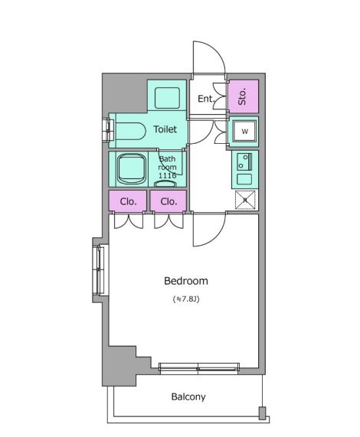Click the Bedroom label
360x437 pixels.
[x=186, y=281]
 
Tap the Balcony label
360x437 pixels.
[x=188, y=396]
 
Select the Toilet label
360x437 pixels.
[x=165, y=129]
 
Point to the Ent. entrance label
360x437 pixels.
[x=206, y=99]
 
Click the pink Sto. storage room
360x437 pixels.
[x=244, y=96]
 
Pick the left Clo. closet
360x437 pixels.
[x=128, y=201]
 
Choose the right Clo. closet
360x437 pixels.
[x=169, y=201]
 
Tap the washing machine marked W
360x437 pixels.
[x=244, y=132]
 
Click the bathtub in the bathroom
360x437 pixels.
[x=131, y=169]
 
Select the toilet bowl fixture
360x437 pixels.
[x=130, y=131]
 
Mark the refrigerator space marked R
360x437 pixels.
[x=245, y=200]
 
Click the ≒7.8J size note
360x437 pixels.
[x=186, y=299]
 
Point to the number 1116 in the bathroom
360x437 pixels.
[x=167, y=175]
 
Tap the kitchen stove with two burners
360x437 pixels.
[x=244, y=161]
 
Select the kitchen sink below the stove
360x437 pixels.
[x=244, y=179]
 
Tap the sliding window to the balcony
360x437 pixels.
[x=199, y=368]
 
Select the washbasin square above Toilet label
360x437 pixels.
[x=167, y=98]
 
